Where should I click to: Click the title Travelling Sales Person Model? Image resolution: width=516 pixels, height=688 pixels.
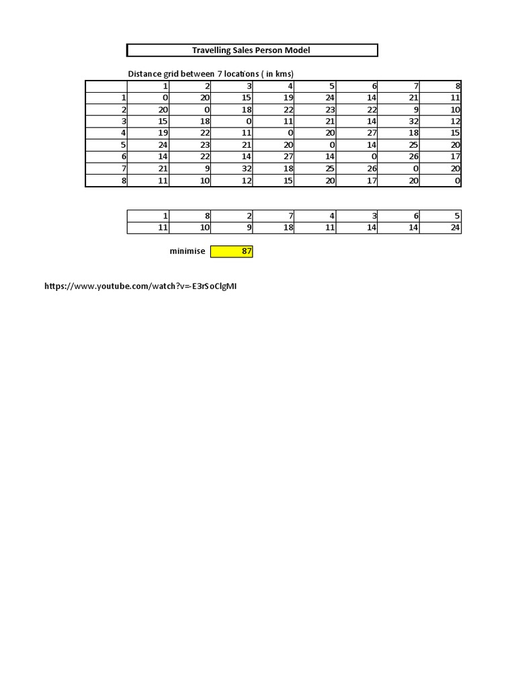click(251, 50)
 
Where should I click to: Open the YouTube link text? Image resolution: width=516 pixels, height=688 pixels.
click(140, 286)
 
